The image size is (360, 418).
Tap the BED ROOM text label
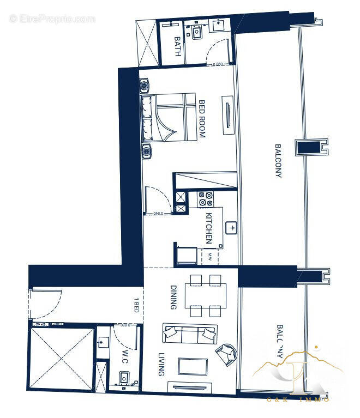pos(201,118)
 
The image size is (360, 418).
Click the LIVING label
pos(161,364)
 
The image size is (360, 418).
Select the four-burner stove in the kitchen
pos(206,199)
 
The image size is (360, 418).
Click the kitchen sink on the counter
pos(232,227)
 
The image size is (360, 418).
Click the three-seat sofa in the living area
pos(189,334)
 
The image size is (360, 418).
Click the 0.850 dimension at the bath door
pos(218,64)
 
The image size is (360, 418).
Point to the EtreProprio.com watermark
pos(52,19)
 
